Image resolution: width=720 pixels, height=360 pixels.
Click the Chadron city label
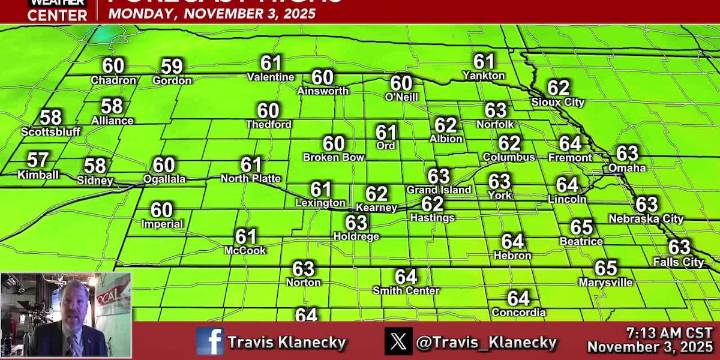[113, 80]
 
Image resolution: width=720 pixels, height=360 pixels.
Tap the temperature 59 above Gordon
[172, 66]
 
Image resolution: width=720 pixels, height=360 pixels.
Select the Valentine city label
[270, 77]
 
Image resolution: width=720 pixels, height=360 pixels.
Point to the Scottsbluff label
[50, 131]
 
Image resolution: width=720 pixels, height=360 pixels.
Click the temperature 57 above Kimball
[38, 160]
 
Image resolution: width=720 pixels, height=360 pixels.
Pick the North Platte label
[250, 178]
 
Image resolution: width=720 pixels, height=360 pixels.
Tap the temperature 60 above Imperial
[162, 210]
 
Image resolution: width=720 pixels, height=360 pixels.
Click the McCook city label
[245, 250]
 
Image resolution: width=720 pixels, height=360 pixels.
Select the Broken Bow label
[333, 157]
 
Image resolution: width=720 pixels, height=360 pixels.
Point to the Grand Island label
[438, 190]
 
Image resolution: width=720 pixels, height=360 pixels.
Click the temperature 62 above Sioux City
[558, 88]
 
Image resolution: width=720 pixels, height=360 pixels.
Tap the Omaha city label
[627, 167]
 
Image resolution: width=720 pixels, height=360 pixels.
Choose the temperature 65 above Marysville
[606, 268]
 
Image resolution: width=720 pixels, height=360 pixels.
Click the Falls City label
[679, 262]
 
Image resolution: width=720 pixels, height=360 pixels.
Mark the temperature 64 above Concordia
[518, 298]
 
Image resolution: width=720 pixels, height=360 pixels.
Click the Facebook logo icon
[210, 341]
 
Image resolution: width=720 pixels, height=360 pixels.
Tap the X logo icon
[398, 341]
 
